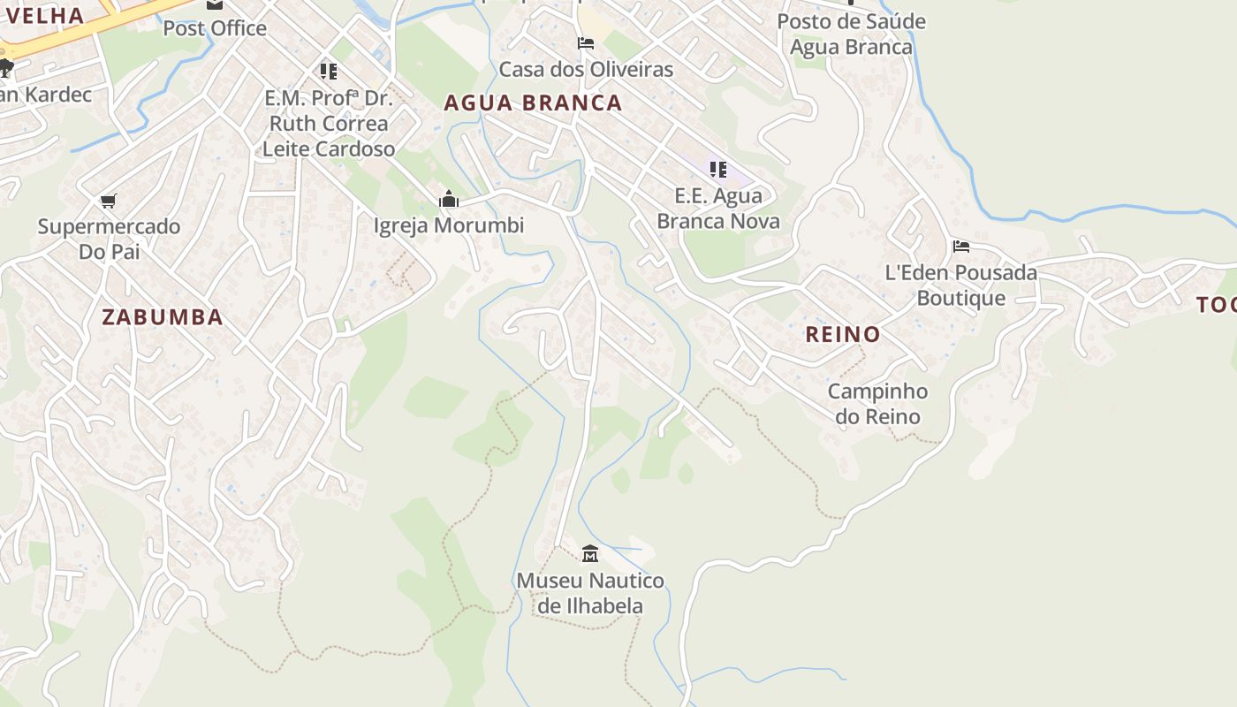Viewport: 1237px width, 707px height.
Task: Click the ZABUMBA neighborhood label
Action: (162, 317)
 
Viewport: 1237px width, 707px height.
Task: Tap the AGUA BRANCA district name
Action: (533, 103)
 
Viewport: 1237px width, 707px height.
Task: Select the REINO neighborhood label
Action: (842, 334)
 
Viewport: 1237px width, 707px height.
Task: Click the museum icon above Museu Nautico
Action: (590, 554)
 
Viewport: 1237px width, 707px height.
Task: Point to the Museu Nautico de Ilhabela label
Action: (590, 593)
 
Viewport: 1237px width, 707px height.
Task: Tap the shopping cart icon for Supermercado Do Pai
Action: (109, 201)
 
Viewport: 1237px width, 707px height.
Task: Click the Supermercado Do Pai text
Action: (109, 239)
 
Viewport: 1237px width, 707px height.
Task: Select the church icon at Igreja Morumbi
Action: (449, 200)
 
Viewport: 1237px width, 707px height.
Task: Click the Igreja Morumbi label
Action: (449, 225)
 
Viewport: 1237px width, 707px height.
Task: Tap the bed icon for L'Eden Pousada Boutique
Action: (961, 247)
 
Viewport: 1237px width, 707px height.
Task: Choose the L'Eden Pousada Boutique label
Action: (961, 285)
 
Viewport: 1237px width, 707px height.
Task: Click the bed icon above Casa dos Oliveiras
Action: (585, 43)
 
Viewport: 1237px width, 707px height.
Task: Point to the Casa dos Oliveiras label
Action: (586, 69)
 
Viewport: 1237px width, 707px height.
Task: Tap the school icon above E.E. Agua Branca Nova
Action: (717, 169)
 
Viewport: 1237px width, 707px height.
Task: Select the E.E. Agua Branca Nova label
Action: (717, 208)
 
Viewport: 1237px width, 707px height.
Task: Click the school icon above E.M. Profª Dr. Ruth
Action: (328, 71)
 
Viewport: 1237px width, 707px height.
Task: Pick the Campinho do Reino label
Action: (877, 404)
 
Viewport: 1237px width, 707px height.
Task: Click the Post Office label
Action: (215, 28)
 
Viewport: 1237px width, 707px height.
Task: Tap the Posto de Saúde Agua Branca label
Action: (851, 34)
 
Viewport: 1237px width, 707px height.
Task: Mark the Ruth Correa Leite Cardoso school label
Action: (328, 123)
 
